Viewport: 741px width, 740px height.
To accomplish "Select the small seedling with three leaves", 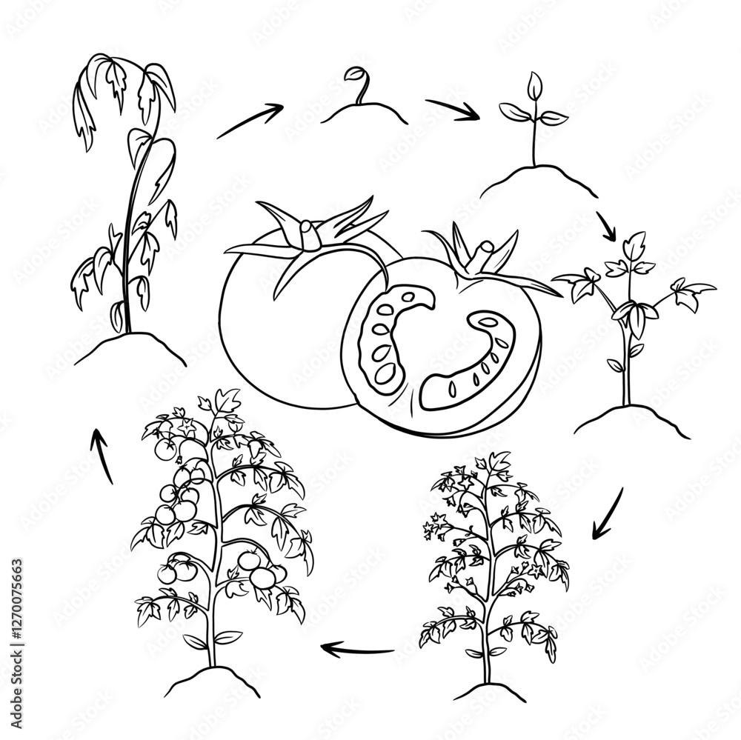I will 534,119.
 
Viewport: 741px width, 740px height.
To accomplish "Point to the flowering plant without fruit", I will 493,563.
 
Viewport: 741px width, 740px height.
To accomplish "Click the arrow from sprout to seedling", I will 452,109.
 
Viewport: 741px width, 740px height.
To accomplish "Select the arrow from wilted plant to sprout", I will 250,121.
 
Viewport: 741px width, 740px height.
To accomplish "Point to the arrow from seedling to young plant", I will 606,226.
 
